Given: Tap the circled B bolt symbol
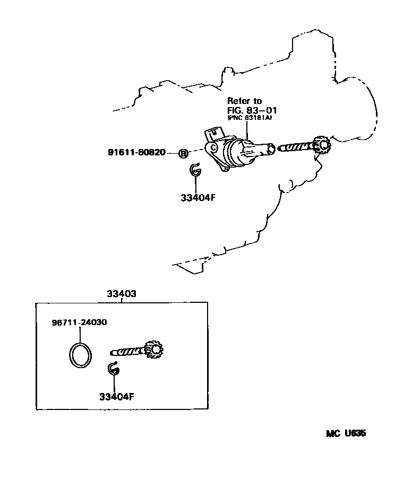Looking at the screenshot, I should tap(183, 154).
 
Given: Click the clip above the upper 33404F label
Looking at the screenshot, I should tap(195, 170).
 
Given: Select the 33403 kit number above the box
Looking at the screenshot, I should tap(122, 293).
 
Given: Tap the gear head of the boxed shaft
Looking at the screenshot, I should tap(154, 349).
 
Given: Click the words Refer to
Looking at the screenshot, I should tap(245, 100).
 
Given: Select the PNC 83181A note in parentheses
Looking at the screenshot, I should tap(250, 118).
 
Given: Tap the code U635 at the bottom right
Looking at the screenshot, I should tap(354, 433).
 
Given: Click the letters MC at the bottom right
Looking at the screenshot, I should tap(332, 433).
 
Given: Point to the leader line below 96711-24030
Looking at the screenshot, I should tap(80, 334).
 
